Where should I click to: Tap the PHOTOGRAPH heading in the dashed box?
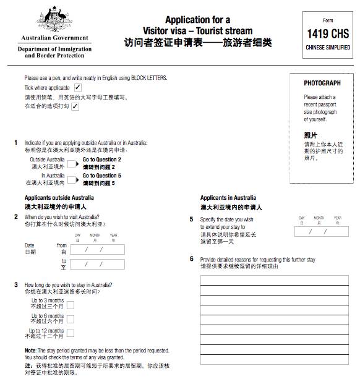tap(322, 83)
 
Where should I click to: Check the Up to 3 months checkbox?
tap(71, 305)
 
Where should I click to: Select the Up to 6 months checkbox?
tap(71, 319)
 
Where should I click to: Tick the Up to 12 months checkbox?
tap(71, 334)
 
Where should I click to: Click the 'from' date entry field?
tap(98, 250)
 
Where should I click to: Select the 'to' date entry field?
tap(98, 264)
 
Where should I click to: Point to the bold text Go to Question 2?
tap(102, 160)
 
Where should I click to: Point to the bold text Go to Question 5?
tap(102, 176)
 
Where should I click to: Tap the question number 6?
tap(192, 258)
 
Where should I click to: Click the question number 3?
tap(16, 284)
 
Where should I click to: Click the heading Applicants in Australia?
tap(228, 198)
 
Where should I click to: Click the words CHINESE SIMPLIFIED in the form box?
tap(327, 48)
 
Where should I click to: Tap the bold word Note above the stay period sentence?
tap(30, 350)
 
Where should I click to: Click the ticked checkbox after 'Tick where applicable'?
tap(77, 88)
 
